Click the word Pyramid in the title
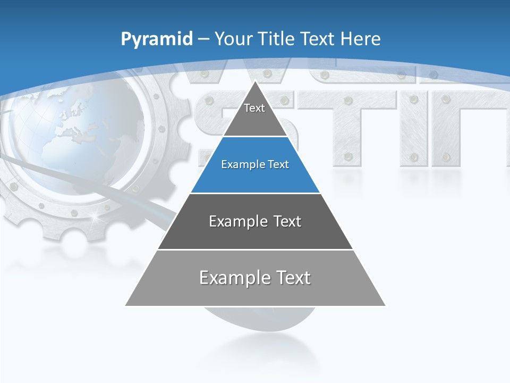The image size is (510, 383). (157, 39)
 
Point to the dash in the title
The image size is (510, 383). (203, 39)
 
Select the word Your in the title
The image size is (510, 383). (233, 39)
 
